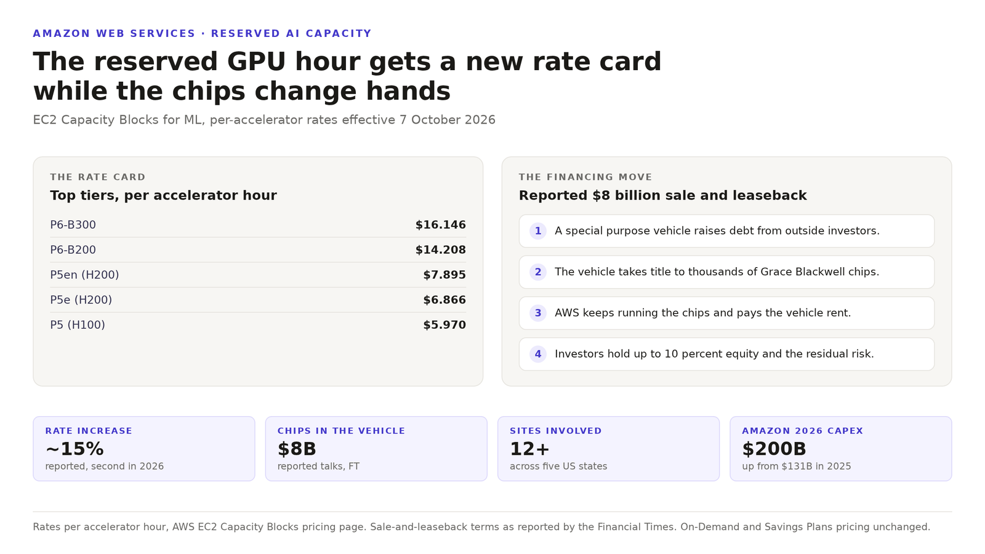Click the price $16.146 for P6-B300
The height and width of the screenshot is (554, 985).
click(x=441, y=225)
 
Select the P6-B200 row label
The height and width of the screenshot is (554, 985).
click(x=73, y=250)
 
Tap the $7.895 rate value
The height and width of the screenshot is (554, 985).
click(x=444, y=275)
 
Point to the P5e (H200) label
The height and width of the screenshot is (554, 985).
click(x=81, y=300)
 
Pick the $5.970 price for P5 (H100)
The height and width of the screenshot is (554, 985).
click(x=444, y=325)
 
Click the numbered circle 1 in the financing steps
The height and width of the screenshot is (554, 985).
click(x=538, y=231)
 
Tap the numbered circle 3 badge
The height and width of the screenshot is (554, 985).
click(x=538, y=313)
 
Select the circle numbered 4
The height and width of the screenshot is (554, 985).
click(x=538, y=354)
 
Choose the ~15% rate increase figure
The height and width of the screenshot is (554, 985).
click(x=74, y=449)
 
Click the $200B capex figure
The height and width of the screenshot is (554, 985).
click(x=774, y=449)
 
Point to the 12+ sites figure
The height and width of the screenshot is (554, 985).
click(x=529, y=449)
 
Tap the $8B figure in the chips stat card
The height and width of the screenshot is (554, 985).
click(x=297, y=449)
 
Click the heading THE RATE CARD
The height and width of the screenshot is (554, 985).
click(x=98, y=177)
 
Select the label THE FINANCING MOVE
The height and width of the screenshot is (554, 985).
click(x=585, y=177)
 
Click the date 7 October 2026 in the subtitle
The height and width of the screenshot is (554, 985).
click(x=447, y=120)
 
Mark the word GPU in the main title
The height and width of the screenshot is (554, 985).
click(x=256, y=62)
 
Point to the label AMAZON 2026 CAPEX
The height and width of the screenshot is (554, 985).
click(x=803, y=431)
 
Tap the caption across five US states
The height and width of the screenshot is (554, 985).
click(x=558, y=466)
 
